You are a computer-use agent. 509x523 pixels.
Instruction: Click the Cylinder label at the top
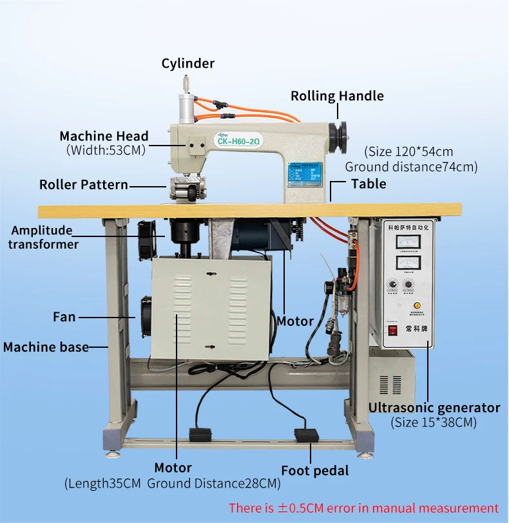coord(187,63)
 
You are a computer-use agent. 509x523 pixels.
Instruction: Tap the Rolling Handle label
coord(337,96)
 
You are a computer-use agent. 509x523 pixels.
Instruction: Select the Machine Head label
coord(104,136)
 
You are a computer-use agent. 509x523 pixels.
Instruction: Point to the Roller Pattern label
coord(84,185)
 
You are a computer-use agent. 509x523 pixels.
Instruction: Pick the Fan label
coord(64,317)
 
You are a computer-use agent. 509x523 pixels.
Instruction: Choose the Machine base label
coord(46,347)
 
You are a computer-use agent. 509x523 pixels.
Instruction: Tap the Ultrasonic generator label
coord(434,408)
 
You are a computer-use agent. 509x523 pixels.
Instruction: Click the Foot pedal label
coord(314,471)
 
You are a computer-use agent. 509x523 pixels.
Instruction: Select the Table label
coord(369,184)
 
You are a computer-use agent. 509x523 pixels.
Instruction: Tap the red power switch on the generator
coord(391,332)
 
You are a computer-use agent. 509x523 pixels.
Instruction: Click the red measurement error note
coord(363,508)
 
